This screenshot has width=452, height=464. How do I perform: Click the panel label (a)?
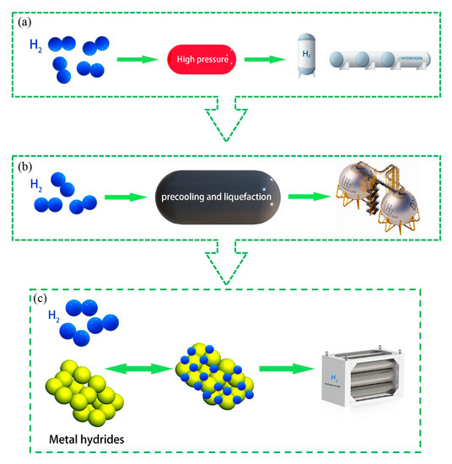click(27, 23)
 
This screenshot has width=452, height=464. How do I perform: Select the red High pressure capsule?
click(206, 59)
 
